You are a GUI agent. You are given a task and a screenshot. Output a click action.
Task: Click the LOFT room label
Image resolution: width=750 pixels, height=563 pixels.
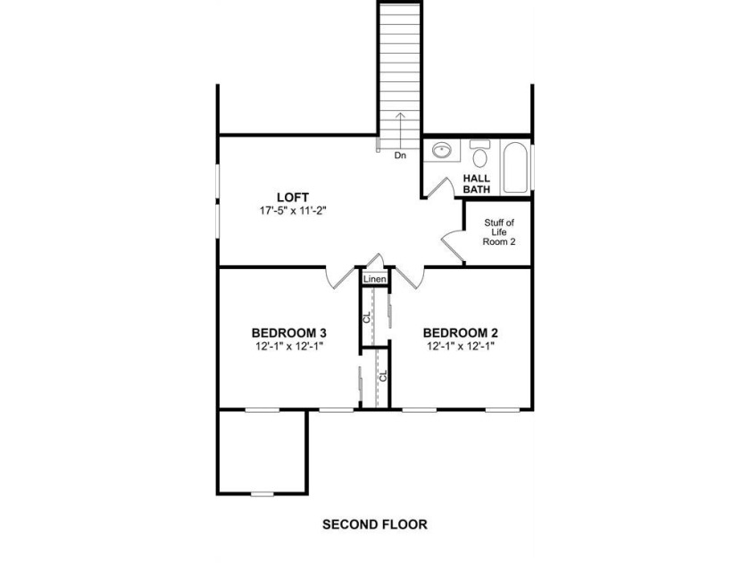tap(293, 197)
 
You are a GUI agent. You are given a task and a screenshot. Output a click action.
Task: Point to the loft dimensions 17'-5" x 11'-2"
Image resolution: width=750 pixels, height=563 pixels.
tap(293, 210)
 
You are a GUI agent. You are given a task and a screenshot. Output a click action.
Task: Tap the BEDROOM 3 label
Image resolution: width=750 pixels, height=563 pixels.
tap(289, 332)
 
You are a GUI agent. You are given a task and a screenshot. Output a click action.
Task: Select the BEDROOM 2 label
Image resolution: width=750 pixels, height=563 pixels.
tap(461, 332)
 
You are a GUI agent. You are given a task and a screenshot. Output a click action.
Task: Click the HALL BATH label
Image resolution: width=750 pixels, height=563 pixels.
tap(477, 184)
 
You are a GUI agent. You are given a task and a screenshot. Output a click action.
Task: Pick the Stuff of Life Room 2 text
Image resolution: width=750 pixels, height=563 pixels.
tap(499, 232)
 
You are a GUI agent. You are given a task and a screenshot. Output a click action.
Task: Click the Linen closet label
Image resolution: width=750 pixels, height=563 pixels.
tap(374, 279)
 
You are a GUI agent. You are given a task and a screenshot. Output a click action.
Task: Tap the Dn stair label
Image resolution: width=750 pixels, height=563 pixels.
tap(400, 155)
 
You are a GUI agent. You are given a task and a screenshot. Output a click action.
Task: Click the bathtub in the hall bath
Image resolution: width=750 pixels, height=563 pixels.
tap(515, 168)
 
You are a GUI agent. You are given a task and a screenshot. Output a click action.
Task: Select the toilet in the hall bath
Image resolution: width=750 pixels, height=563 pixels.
tap(479, 153)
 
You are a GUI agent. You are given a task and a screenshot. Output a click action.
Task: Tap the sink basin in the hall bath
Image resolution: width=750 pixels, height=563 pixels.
tap(441, 150)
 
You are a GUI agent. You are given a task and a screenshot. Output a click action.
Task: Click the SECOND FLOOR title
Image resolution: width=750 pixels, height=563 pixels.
tap(374, 525)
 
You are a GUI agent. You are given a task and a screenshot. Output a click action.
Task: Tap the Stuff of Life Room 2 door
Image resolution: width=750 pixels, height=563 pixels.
tap(452, 247)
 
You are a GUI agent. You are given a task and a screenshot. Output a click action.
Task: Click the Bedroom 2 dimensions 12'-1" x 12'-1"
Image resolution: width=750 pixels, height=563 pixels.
tap(461, 346)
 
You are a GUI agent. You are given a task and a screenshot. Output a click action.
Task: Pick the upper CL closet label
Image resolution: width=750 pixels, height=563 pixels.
tap(367, 317)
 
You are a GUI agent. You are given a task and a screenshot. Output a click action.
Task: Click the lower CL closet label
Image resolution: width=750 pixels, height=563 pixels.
tap(383, 376)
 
